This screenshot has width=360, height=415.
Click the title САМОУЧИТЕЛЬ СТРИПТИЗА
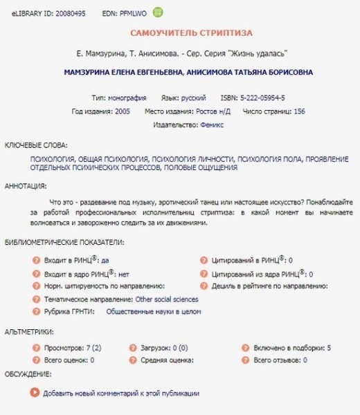[x=191, y=33]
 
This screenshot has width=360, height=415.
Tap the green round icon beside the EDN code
[x=159, y=12]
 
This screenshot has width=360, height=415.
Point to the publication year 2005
[x=122, y=111]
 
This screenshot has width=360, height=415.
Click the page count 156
[x=299, y=111]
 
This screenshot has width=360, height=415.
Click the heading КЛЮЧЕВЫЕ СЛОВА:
[x=36, y=145]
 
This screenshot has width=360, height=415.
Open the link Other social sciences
[x=166, y=299]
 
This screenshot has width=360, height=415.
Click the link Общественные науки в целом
[x=153, y=312]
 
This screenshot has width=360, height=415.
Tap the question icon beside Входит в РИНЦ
[x=37, y=261]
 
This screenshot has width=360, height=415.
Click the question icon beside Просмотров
[x=37, y=348]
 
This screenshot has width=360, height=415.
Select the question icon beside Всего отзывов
[x=246, y=360]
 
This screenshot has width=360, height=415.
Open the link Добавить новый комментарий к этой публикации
[x=120, y=393]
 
